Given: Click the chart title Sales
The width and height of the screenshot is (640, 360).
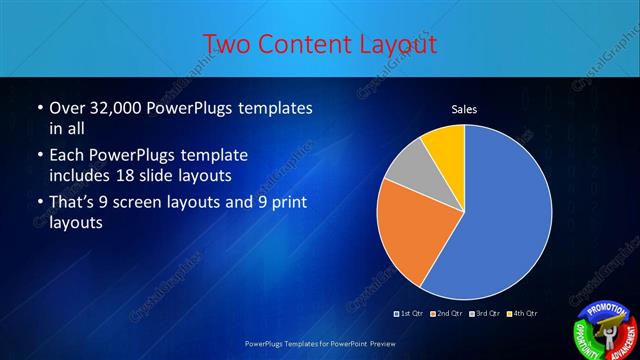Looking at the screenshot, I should (x=464, y=109).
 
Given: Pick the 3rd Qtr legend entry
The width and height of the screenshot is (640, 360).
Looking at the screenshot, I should (x=485, y=314).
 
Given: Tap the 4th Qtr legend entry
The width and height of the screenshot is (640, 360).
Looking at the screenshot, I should (x=522, y=314).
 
